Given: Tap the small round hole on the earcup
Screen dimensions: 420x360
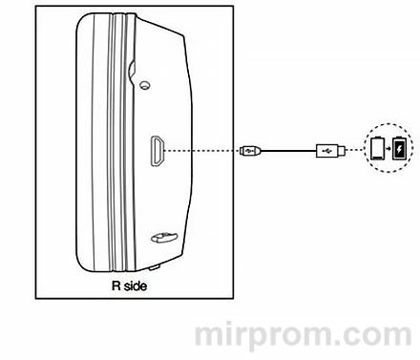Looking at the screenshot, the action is [145, 83].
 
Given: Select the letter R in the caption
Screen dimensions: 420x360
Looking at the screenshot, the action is [115, 285].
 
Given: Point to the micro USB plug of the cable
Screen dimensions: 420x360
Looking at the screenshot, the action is [251, 150].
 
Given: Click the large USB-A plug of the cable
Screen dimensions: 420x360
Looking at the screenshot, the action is [326, 150].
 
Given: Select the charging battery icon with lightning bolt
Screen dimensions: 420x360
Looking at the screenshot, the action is [398, 150].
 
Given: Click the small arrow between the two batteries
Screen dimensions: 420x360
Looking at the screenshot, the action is [388, 150].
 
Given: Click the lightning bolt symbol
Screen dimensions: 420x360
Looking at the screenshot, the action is [398, 150].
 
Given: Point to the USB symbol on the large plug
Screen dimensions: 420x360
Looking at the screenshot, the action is [329, 150].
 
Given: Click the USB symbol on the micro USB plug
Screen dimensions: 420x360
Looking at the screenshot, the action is [250, 150].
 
